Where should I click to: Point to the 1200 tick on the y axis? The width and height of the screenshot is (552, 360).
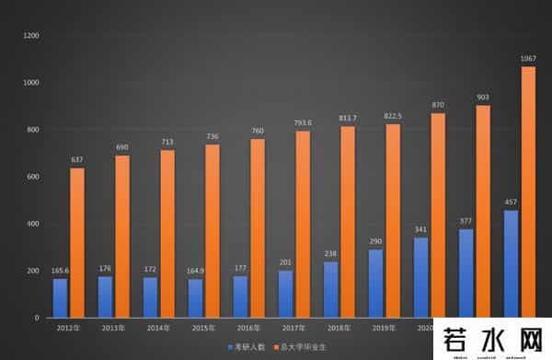31,35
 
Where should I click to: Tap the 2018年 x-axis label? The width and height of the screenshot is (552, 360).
337,328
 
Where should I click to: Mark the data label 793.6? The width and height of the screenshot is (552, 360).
303,122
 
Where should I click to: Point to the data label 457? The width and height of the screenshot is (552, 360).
511,202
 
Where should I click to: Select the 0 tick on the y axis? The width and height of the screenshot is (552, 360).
36,318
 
